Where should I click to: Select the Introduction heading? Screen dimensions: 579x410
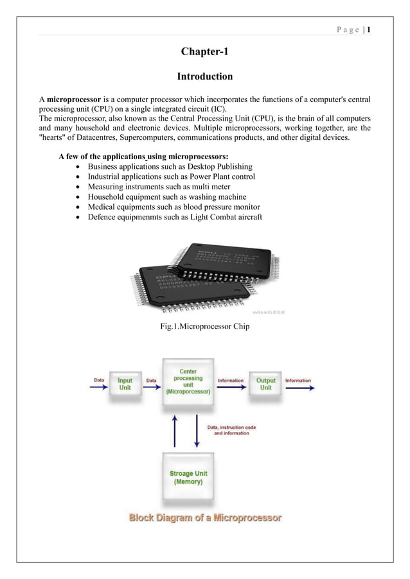point(204,77)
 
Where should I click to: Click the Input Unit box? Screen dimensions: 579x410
point(125,384)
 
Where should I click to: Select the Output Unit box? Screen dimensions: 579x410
point(265,384)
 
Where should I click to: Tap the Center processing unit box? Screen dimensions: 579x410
point(188,381)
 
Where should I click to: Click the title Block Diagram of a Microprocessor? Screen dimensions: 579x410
point(204,517)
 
